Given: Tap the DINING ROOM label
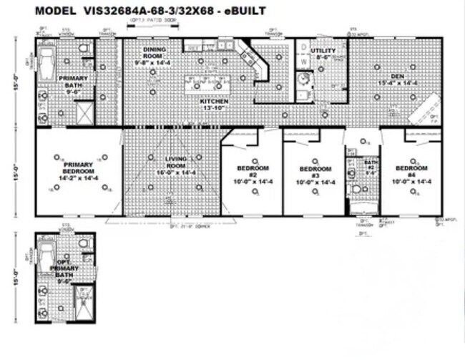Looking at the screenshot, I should pyautogui.click(x=154, y=59).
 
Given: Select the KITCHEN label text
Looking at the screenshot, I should pyautogui.click(x=213, y=104).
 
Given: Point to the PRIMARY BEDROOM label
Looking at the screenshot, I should pyautogui.click(x=77, y=168).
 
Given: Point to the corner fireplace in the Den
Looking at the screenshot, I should pyautogui.click(x=429, y=112).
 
